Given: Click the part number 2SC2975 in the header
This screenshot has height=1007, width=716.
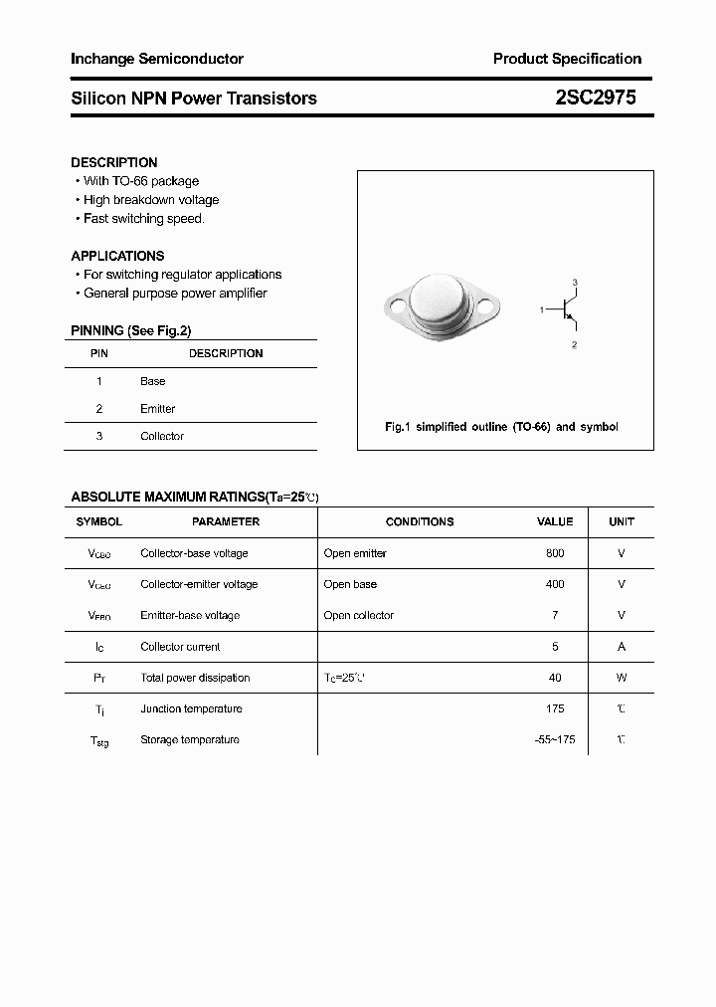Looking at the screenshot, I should tap(596, 98).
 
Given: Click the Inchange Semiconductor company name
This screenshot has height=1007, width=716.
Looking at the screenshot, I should tap(157, 59).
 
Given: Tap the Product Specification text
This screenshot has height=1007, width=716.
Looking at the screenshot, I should tap(567, 59).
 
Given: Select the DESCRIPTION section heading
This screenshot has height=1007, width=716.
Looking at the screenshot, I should tap(114, 162).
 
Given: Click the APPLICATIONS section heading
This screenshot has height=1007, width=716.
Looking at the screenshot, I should tap(117, 256).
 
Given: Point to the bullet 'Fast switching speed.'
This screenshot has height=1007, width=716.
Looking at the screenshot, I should tap(143, 219).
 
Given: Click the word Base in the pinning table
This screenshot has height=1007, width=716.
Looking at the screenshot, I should tap(153, 381).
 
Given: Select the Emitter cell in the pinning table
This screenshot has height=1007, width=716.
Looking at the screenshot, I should tap(158, 409).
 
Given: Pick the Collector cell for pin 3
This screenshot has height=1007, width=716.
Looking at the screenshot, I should tap(162, 436).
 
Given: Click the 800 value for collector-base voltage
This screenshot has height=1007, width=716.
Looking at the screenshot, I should tap(555, 553).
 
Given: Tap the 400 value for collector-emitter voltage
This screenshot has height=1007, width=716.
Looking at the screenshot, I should tap(555, 584).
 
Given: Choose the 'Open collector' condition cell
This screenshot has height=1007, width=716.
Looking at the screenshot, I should tap(359, 615).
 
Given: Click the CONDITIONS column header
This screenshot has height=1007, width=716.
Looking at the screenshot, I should tap(420, 521).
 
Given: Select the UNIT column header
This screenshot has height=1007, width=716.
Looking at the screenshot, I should tap(622, 521).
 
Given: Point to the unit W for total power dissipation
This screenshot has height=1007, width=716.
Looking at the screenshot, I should tap(622, 678).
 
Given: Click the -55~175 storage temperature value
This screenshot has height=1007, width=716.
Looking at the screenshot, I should tap(555, 739).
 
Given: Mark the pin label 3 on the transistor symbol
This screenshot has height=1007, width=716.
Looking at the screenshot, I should tap(575, 283).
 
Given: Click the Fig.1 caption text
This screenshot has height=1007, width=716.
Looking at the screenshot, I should tap(501, 427).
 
